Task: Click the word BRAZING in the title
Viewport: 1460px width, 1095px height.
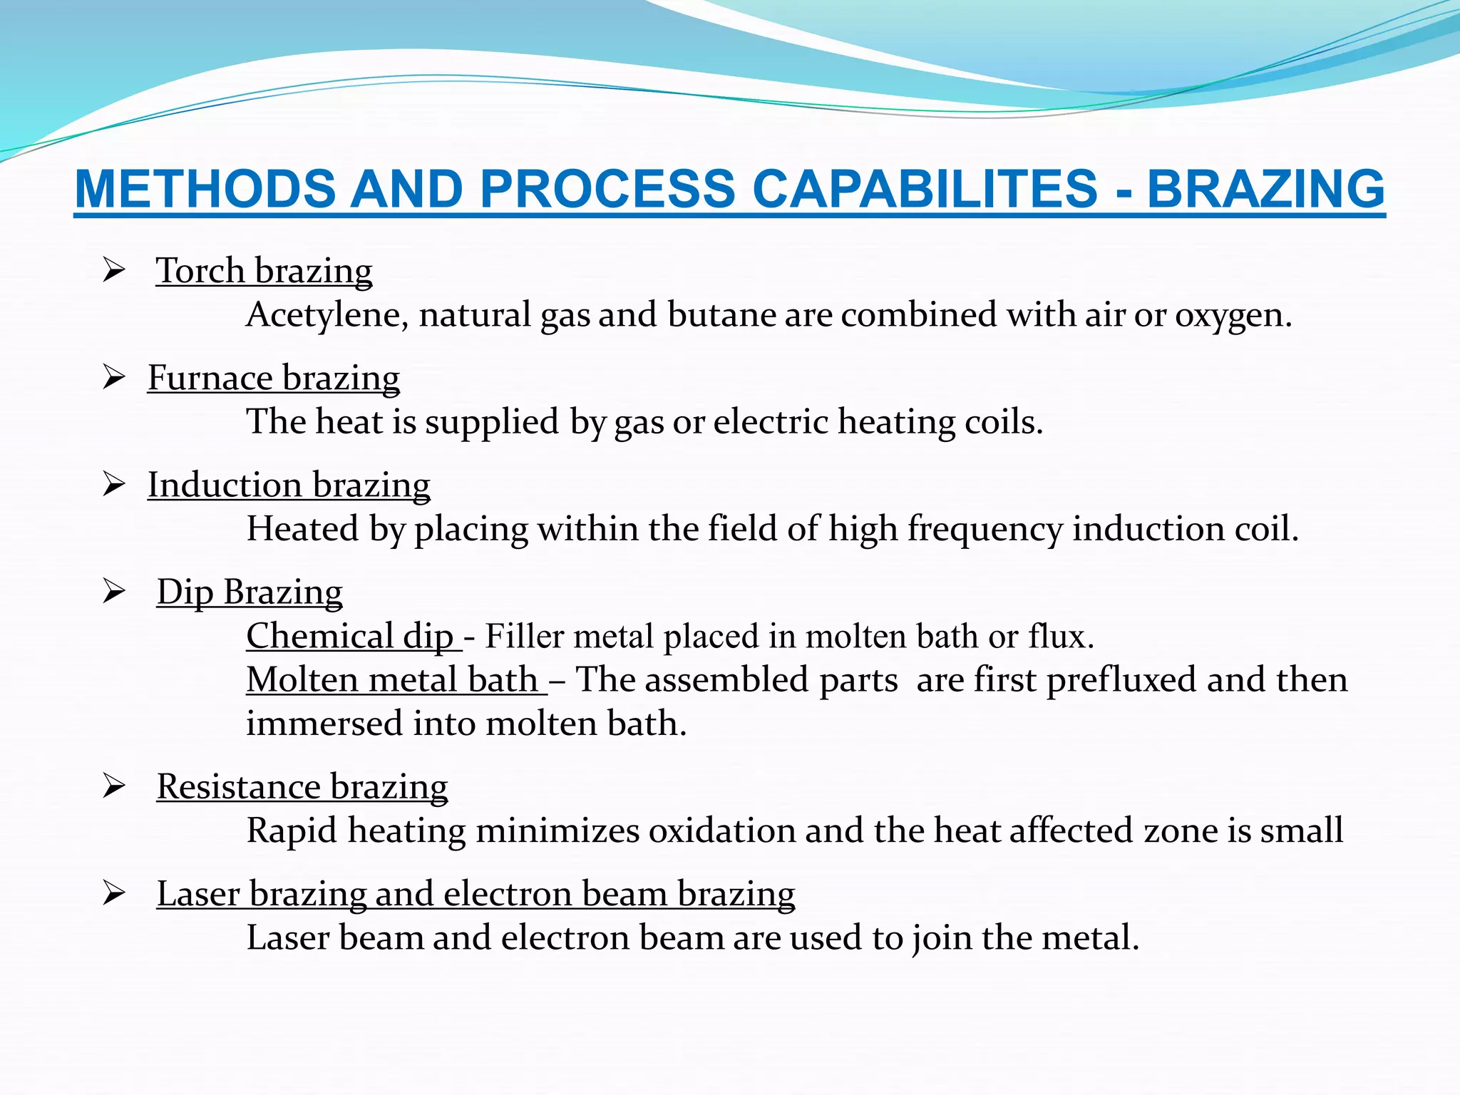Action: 1265,190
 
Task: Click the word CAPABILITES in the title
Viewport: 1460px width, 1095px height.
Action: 925,190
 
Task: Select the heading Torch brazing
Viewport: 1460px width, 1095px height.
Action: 264,271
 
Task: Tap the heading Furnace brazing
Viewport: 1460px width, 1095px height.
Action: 274,378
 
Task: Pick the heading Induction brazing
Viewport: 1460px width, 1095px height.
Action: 289,485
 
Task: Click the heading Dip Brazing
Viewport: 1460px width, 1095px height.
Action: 250,592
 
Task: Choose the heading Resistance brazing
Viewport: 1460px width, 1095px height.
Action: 302,787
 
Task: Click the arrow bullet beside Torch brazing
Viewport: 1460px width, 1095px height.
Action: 114,270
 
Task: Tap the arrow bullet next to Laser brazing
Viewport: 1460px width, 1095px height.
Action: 114,893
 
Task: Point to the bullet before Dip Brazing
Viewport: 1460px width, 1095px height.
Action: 114,592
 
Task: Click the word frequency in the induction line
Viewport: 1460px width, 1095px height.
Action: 985,529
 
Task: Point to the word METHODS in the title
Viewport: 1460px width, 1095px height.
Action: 205,190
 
